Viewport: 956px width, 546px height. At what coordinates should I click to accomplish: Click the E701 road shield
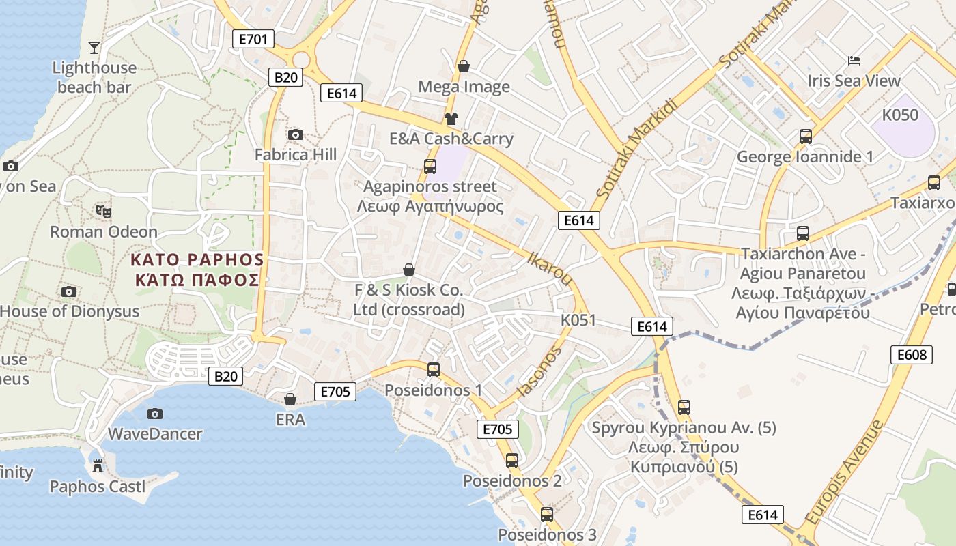tap(253, 39)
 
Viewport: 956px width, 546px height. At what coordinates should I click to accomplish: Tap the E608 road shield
tap(912, 355)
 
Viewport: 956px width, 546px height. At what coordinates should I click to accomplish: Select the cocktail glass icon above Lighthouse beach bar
tap(94, 47)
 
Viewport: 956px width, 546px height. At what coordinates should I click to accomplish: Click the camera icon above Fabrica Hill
tap(296, 135)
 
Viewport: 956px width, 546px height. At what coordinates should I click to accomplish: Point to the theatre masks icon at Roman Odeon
tap(104, 212)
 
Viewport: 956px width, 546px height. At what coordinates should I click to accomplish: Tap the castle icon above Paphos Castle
tap(98, 466)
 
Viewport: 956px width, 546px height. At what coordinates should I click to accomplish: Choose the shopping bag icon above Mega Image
tap(464, 66)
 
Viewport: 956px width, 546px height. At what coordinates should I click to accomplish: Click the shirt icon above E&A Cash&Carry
tap(451, 118)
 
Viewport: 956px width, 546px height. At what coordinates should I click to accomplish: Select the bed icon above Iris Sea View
tap(854, 61)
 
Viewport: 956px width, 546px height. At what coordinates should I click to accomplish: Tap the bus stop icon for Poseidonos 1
tap(433, 370)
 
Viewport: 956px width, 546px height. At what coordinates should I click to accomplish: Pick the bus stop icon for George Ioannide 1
tap(806, 136)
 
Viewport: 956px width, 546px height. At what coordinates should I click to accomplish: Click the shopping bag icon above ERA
tap(290, 399)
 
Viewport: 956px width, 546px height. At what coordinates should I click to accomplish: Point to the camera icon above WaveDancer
tap(155, 414)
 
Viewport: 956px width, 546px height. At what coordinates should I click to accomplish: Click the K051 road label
tap(578, 320)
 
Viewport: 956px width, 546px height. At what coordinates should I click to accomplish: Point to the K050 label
tap(900, 115)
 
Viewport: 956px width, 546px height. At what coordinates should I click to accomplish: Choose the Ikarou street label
tap(550, 268)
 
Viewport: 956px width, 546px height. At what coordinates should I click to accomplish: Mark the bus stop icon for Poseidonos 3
tap(547, 515)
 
